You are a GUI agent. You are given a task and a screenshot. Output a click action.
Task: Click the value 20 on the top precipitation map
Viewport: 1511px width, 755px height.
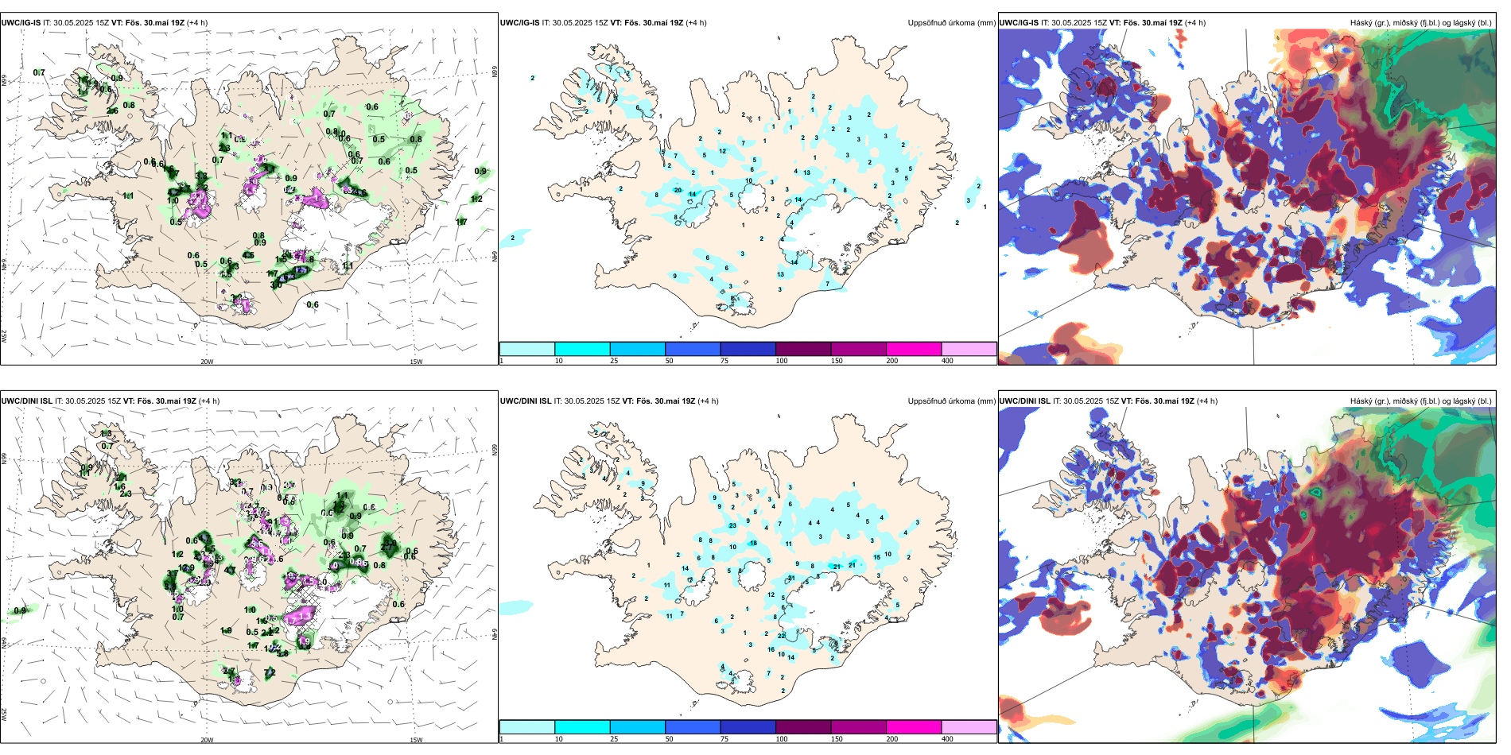click(678, 190)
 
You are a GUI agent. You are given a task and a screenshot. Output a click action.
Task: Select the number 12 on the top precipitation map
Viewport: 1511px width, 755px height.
click(722, 151)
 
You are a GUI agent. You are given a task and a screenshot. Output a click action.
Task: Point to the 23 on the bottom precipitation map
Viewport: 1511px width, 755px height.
click(732, 525)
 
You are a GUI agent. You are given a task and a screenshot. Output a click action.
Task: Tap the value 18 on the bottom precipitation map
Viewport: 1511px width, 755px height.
click(753, 543)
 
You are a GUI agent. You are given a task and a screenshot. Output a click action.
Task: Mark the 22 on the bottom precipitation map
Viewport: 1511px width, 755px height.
click(782, 636)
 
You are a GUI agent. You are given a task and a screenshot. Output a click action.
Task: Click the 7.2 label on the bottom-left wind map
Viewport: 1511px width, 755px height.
click(270, 672)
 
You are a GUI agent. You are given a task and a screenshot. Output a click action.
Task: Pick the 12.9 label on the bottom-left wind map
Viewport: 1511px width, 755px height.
click(186, 568)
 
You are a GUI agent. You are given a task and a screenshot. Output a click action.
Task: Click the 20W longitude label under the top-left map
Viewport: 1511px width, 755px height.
click(207, 362)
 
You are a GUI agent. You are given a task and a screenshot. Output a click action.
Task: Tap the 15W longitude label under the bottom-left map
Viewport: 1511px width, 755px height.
click(416, 740)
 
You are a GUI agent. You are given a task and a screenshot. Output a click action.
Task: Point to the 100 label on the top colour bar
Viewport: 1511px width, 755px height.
click(782, 361)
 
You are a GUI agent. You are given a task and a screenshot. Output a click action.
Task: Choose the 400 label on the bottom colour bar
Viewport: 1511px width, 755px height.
click(947, 739)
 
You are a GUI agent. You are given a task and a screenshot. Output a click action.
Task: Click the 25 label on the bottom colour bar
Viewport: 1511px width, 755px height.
click(614, 739)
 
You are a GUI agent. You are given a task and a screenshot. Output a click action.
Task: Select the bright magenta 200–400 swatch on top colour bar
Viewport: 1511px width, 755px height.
click(914, 349)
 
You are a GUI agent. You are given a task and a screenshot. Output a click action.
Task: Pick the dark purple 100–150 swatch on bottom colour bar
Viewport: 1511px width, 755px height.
click(803, 727)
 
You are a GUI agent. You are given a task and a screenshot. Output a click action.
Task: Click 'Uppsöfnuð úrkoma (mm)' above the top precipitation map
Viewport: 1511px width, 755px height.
click(951, 23)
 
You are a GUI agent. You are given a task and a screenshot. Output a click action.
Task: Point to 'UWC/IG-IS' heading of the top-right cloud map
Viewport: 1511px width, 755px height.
click(1019, 23)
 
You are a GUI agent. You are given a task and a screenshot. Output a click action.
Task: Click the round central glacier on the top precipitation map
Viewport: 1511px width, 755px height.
click(750, 199)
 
